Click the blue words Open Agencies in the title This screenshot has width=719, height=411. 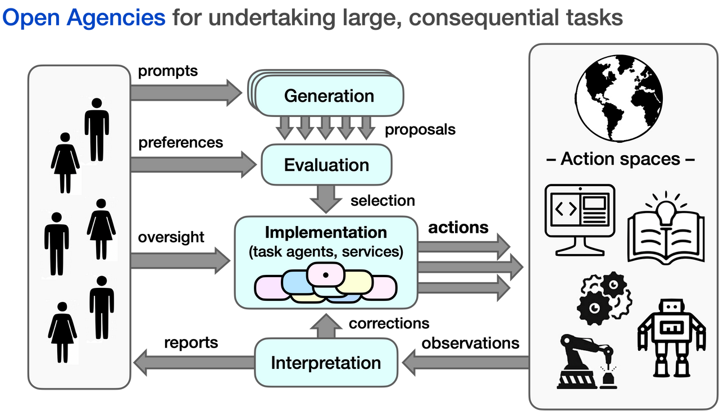(84, 19)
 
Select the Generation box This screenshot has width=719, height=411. (329, 96)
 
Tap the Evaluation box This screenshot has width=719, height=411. (326, 165)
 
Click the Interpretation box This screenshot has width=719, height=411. (326, 363)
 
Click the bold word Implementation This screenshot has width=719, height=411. (326, 232)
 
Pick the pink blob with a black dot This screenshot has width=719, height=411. (325, 275)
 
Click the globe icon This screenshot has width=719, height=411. (621, 101)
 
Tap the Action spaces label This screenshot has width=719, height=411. (621, 159)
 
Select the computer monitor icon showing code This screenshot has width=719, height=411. (580, 219)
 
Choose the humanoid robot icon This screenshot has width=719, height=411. (671, 337)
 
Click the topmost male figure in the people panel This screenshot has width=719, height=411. (97, 129)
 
